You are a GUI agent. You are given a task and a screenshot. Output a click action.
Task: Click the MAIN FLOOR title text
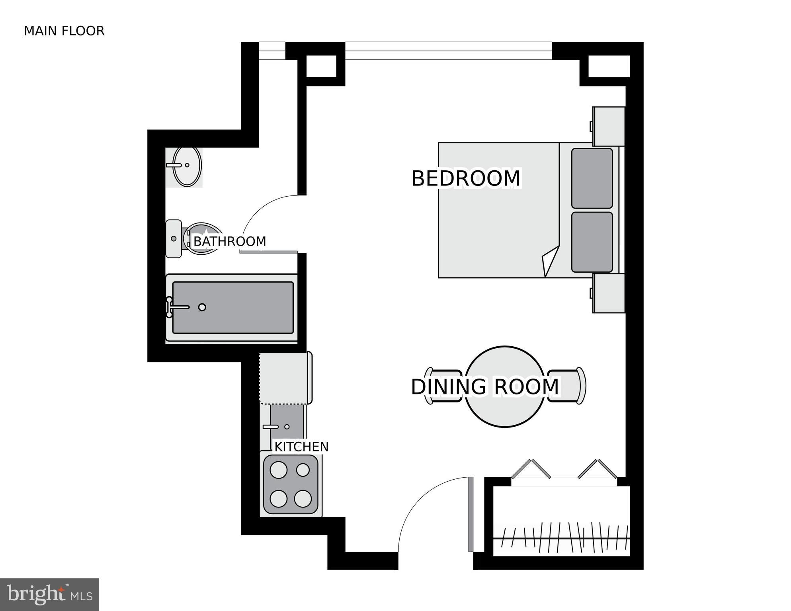click(64, 31)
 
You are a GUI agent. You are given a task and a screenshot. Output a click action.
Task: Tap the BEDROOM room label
click(465, 178)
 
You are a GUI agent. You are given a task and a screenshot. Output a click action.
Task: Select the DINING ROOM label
click(484, 387)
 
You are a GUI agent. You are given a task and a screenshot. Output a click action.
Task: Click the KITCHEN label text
click(301, 447)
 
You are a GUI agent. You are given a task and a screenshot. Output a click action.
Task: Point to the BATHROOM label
click(229, 241)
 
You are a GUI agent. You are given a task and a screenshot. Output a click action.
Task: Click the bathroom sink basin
click(187, 166)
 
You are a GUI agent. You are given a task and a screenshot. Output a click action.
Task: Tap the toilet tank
click(173, 238)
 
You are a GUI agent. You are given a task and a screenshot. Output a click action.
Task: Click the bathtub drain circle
click(202, 307)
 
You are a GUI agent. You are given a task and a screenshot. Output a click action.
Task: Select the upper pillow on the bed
click(592, 178)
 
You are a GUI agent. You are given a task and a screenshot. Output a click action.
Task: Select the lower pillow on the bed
click(592, 242)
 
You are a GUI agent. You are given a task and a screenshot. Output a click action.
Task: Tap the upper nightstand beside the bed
click(608, 126)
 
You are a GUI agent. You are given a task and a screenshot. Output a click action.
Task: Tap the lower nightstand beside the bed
click(608, 293)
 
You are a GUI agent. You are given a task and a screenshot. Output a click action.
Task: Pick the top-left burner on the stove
click(278, 470)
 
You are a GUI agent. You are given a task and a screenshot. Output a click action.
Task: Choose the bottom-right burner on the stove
click(303, 499)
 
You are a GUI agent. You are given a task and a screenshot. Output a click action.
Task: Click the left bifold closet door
click(531, 470)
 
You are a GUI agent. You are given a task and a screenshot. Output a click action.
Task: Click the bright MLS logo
click(49, 594)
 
